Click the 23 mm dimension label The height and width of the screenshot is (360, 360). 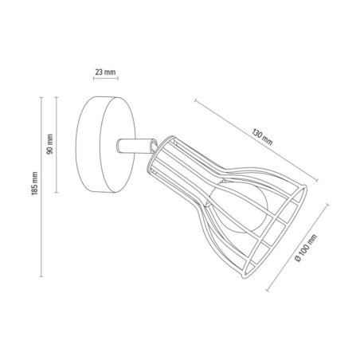pos(105,72)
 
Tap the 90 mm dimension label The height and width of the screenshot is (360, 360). pos(49,144)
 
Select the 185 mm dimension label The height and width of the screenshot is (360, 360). pos(34,183)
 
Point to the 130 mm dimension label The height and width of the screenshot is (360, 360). pos(262,137)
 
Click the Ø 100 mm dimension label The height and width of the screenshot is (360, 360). pos(306,248)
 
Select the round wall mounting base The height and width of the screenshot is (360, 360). pos(105,144)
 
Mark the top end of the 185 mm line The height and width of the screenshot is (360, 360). pos(41,98)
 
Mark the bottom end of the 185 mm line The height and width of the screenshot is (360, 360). pos(41,276)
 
